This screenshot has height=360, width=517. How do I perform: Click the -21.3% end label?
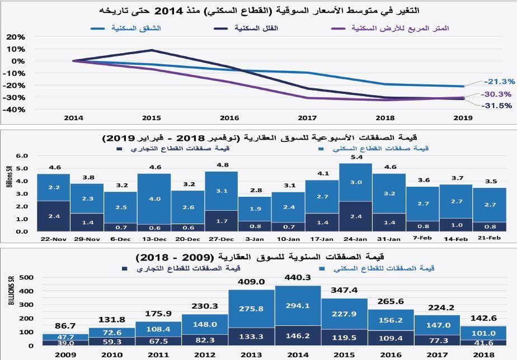tap(485, 82)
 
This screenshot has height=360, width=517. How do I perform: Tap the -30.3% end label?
tap(485, 94)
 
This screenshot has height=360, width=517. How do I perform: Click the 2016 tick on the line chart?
tap(229, 119)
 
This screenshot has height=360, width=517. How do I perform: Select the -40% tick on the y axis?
tap(14, 110)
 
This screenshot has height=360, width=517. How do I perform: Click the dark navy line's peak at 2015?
tap(152, 50)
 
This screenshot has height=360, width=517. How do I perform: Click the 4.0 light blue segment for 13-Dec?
tap(154, 199)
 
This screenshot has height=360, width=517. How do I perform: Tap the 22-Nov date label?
tap(54, 238)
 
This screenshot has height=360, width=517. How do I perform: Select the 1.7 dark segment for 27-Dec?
tap(221, 221)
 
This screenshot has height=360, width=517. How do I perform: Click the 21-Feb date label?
tap(490, 238)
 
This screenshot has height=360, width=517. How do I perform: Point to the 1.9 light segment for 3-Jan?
tap(255, 209)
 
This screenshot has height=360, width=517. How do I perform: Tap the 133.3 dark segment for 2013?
tap(251, 337)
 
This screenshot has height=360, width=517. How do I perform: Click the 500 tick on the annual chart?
tap(26, 278)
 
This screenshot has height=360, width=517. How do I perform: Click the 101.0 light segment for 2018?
tap(484, 331)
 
